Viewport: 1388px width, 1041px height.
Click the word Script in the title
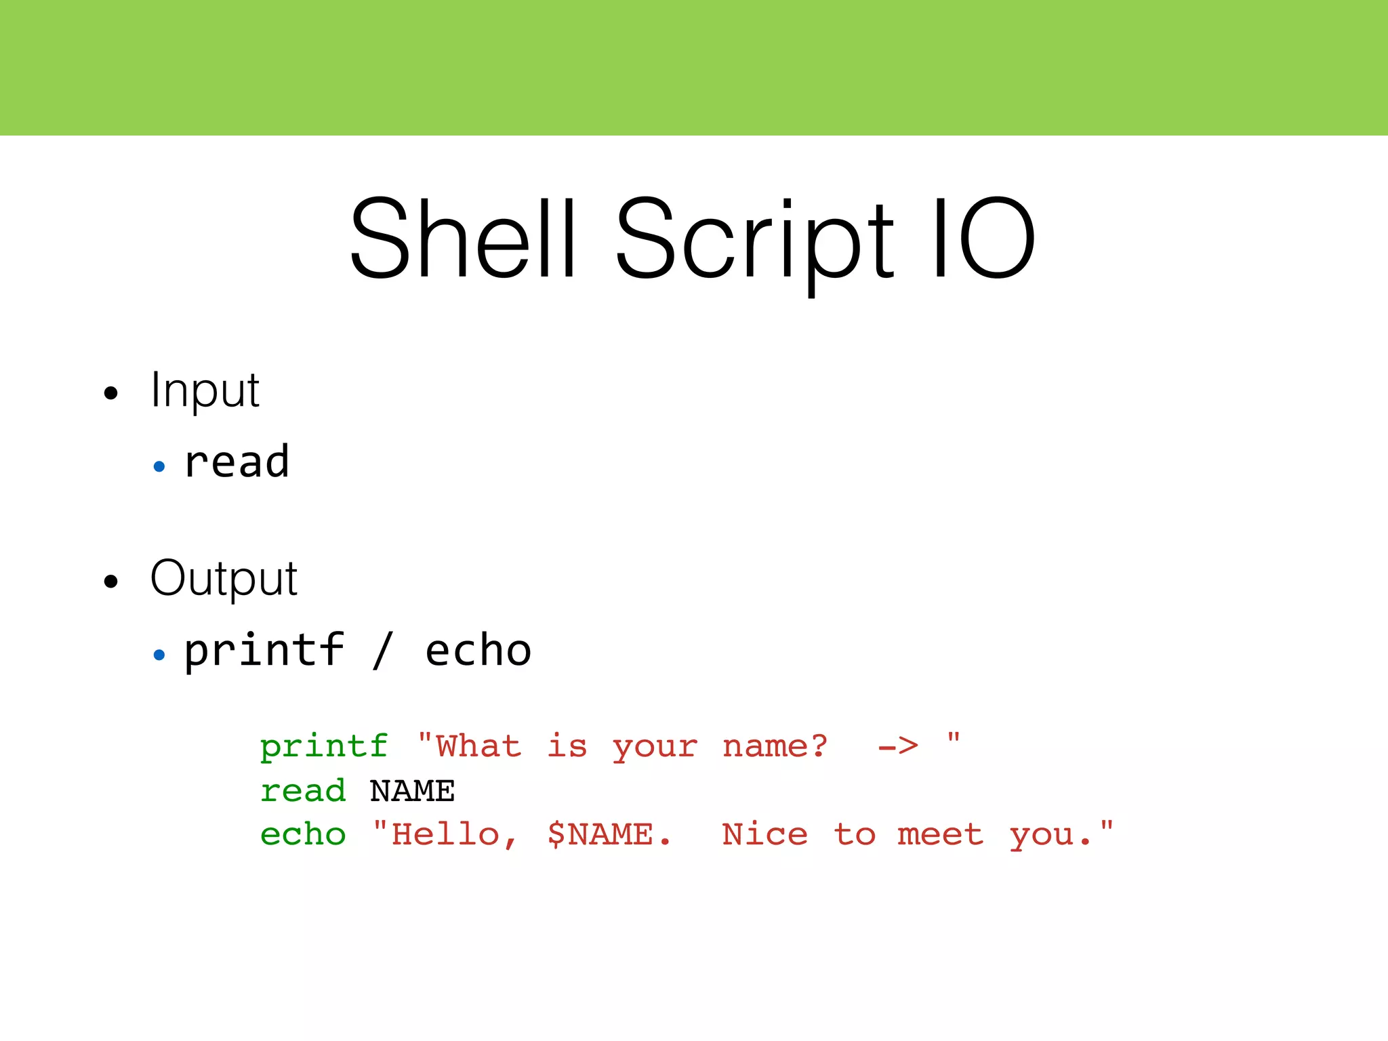pyautogui.click(x=754, y=241)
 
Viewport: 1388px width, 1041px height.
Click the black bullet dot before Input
pyautogui.click(x=111, y=393)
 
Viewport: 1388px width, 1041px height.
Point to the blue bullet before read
pyautogui.click(x=159, y=466)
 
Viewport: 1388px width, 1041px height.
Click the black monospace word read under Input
pyautogui.click(x=237, y=462)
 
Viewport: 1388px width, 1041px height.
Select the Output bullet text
pyautogui.click(x=224, y=579)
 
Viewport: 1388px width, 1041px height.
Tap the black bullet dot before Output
pyautogui.click(x=111, y=581)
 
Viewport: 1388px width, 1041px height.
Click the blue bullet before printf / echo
pyautogui.click(x=159, y=655)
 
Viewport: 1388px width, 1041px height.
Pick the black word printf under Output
pyautogui.click(x=264, y=651)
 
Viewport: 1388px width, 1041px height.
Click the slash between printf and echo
pyautogui.click(x=383, y=651)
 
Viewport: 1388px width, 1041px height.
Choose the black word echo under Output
pyautogui.click(x=478, y=651)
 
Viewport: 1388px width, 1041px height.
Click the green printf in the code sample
pyautogui.click(x=325, y=747)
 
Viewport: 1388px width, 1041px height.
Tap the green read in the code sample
pyautogui.click(x=303, y=791)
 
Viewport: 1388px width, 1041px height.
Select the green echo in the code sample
pyautogui.click(x=303, y=834)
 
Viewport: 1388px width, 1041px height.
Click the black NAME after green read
pyautogui.click(x=412, y=791)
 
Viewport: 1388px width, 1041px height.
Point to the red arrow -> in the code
pyautogui.click(x=898, y=747)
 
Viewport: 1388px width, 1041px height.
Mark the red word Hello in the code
pyautogui.click(x=446, y=834)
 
